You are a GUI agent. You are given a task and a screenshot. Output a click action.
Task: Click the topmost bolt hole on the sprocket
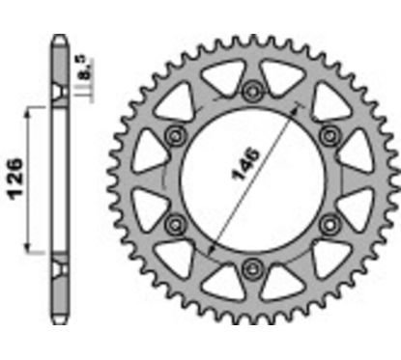[253, 92]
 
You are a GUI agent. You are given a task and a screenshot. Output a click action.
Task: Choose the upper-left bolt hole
[177, 135]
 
